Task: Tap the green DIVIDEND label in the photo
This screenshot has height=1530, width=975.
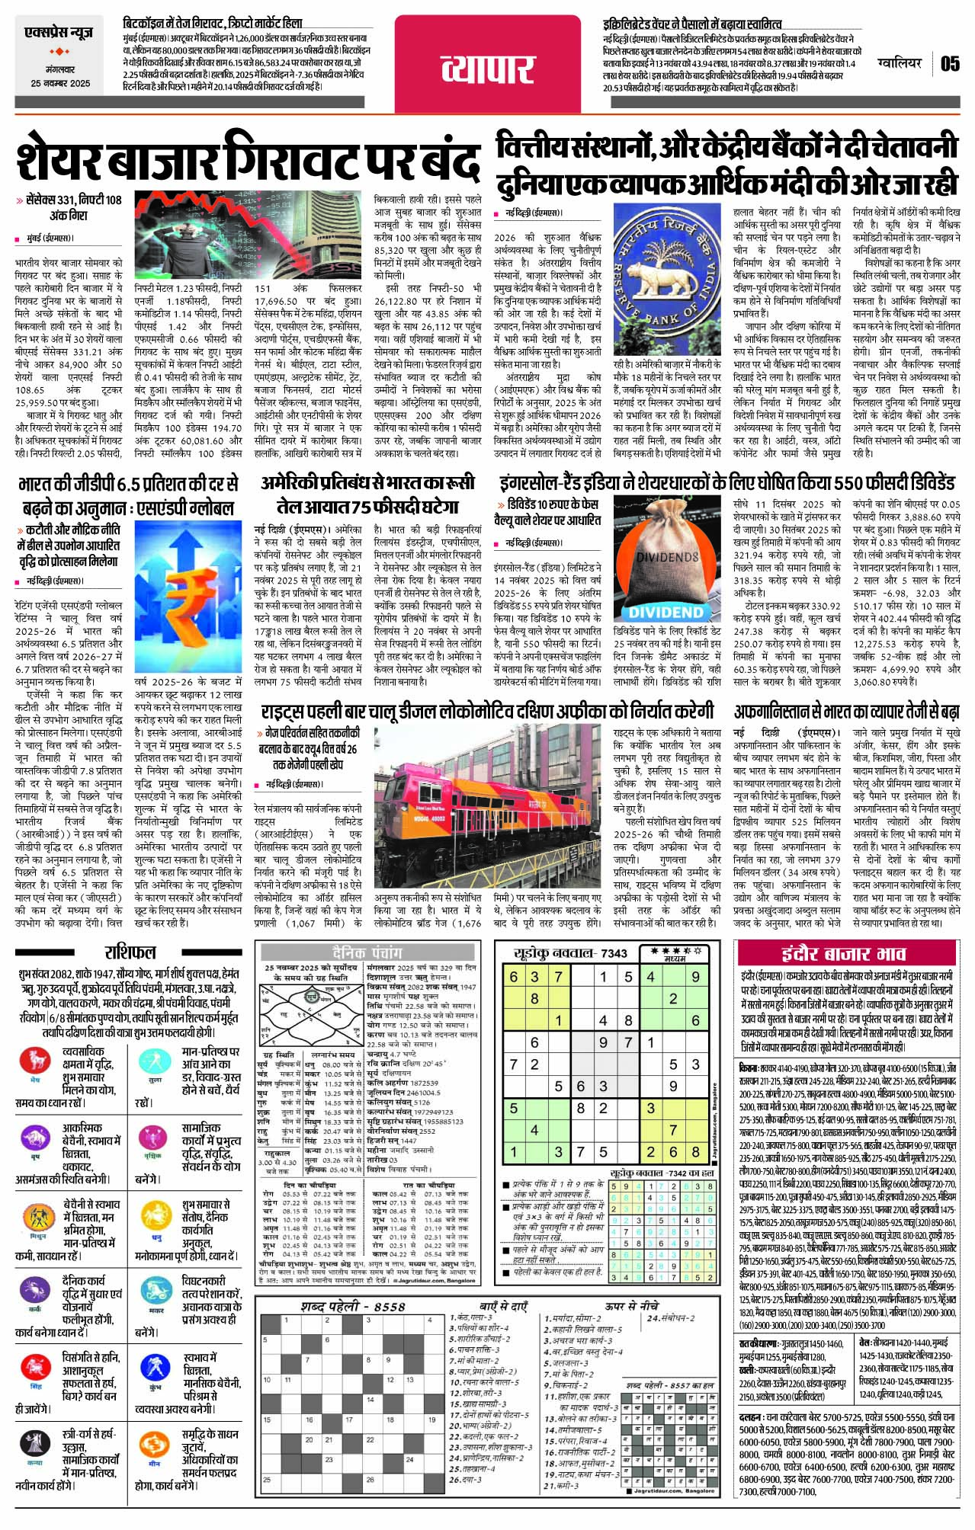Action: (x=666, y=612)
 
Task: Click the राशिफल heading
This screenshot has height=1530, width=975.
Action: (x=130, y=952)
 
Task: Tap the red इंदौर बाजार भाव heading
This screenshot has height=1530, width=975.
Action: (x=843, y=953)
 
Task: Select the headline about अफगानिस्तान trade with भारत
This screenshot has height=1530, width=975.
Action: (x=846, y=712)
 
